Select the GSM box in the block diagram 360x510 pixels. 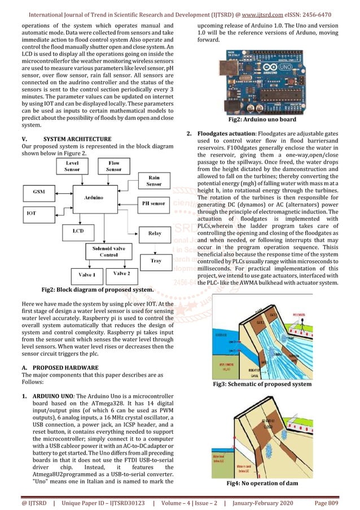coord(39,192)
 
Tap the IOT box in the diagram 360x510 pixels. coord(32,213)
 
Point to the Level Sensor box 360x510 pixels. coord(72,166)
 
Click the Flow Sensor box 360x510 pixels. coord(114,166)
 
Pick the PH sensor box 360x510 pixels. coord(153,203)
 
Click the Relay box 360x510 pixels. coord(154,233)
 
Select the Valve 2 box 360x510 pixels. coord(121,273)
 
